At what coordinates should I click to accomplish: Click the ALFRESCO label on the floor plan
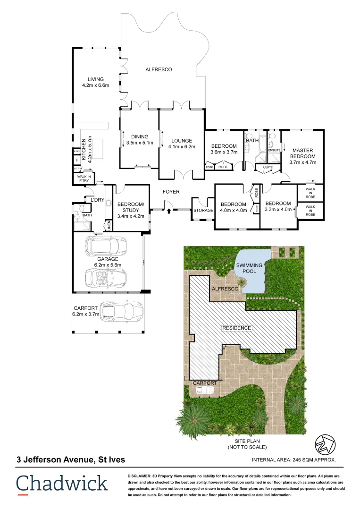[x=159, y=69]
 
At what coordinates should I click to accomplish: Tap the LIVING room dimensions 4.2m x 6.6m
[x=95, y=85]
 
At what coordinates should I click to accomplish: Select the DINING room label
[x=140, y=137]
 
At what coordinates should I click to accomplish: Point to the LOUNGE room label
[x=182, y=141]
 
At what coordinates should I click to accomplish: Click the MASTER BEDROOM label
[x=302, y=153]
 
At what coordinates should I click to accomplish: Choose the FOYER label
[x=171, y=192]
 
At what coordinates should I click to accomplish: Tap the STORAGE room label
[x=204, y=210]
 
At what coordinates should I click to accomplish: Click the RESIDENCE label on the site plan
[x=237, y=328]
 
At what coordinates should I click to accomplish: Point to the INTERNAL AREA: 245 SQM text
[x=294, y=459]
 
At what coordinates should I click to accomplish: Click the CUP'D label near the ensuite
[x=262, y=167]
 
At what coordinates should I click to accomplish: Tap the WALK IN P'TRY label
[x=83, y=178]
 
